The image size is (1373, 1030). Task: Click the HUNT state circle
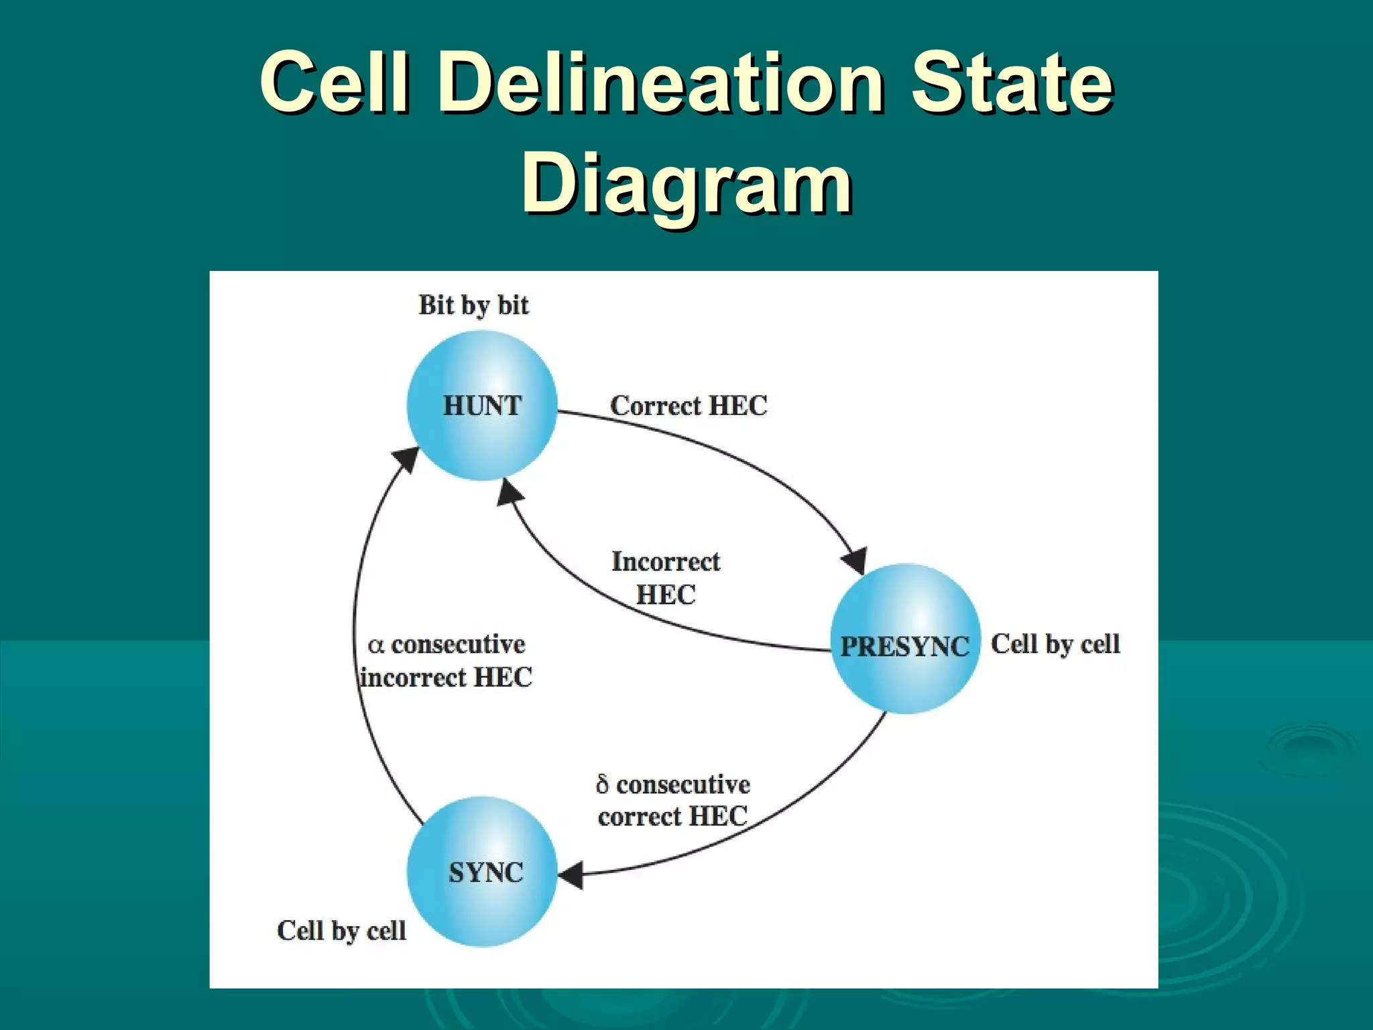[x=481, y=406]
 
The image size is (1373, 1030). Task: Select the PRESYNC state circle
[x=905, y=639]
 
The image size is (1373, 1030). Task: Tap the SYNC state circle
[x=482, y=872]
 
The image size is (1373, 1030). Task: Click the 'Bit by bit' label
[x=473, y=305]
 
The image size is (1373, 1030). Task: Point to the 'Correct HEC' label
[x=689, y=406]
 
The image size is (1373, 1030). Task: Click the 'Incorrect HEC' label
[x=666, y=577]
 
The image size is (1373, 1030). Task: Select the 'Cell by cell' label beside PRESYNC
[x=1055, y=644]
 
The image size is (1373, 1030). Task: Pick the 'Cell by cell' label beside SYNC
[x=341, y=930]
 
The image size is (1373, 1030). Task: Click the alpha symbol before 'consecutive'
[x=375, y=646]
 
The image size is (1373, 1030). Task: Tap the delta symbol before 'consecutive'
[x=602, y=785]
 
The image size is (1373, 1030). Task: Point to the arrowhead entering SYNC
[x=571, y=876]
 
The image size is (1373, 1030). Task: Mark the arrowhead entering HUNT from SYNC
[x=406, y=459]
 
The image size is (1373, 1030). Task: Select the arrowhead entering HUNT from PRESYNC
[x=510, y=494]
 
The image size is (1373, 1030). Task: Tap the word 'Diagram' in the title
[x=686, y=183]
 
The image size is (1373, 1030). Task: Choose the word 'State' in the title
[x=1012, y=83]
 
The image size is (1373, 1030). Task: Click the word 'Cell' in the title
[x=335, y=83]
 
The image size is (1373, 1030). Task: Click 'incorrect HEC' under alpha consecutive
[x=446, y=677]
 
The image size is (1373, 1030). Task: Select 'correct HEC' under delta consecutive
[x=672, y=817]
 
